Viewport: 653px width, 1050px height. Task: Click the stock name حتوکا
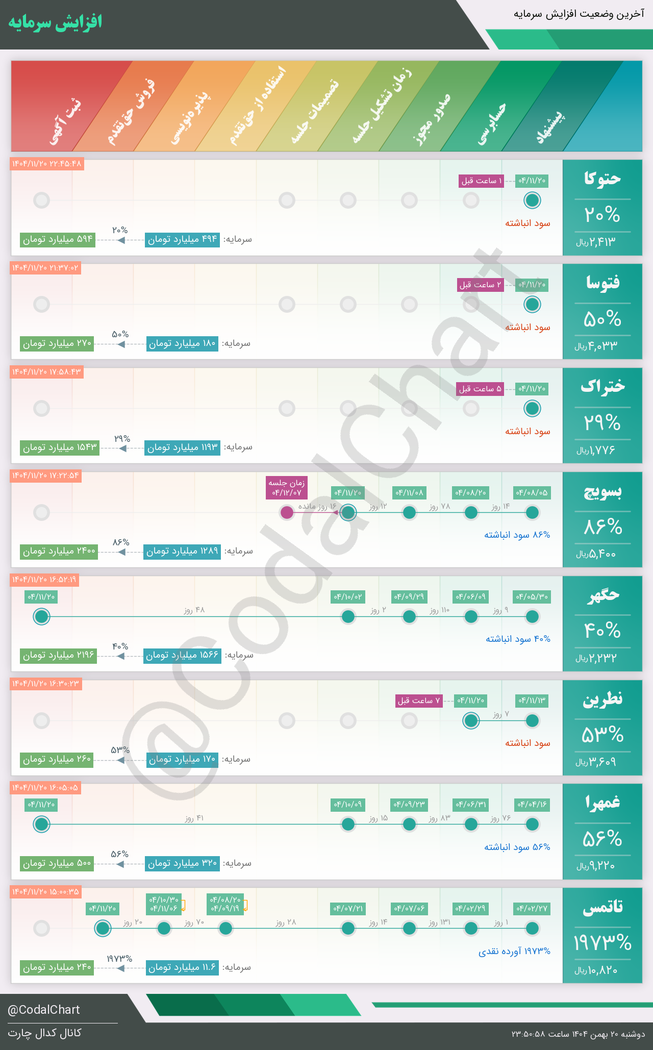click(x=602, y=179)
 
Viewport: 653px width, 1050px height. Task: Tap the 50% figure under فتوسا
click(x=602, y=319)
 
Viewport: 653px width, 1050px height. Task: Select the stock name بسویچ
click(x=602, y=491)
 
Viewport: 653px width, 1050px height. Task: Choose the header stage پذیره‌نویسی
click(x=190, y=117)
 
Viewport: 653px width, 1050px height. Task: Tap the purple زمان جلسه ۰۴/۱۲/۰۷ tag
click(x=287, y=488)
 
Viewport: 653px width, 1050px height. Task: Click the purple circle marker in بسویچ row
click(x=287, y=512)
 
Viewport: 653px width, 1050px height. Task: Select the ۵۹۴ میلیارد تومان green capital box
click(x=58, y=239)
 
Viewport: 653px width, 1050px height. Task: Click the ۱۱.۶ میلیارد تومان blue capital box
click(x=182, y=967)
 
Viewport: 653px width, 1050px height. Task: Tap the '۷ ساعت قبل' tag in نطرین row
click(x=419, y=701)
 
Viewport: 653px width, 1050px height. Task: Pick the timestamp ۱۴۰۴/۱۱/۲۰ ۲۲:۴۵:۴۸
click(x=46, y=164)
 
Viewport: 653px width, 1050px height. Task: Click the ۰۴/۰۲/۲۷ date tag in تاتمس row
click(x=532, y=908)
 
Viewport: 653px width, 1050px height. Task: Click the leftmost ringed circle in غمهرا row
click(x=41, y=824)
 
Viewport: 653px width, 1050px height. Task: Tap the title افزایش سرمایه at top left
click(x=55, y=22)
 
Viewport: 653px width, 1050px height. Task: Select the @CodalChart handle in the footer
click(x=44, y=1010)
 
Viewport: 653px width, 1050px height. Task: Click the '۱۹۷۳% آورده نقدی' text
click(x=514, y=951)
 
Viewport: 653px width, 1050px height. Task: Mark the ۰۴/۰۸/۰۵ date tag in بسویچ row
click(x=532, y=492)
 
